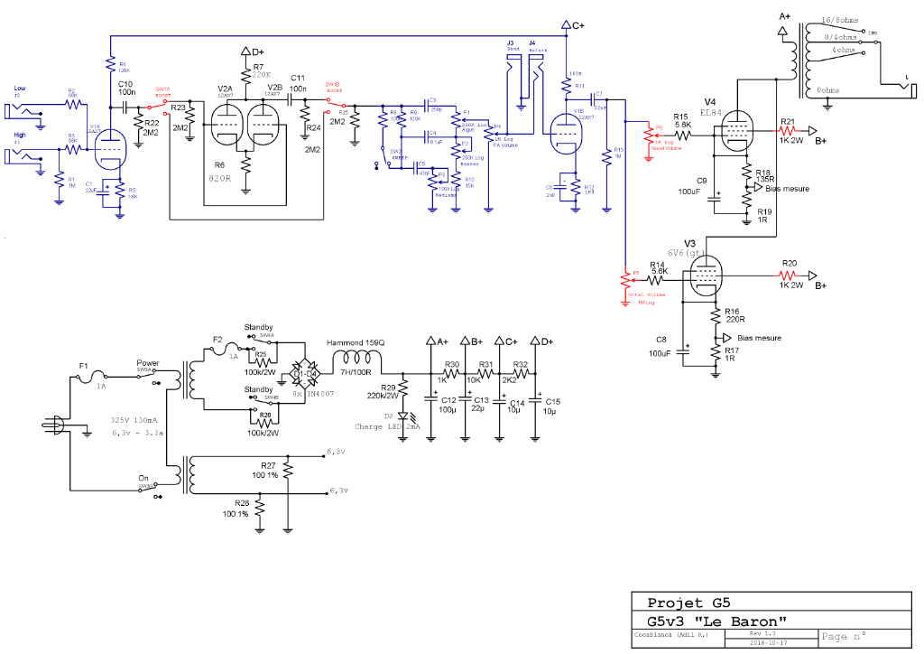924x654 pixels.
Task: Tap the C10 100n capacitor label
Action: [x=126, y=88]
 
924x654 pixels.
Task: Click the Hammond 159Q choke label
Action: [x=356, y=343]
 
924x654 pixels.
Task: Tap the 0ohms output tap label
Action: [x=833, y=90]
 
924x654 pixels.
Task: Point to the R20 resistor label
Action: [x=790, y=263]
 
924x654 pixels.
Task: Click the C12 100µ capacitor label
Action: [x=448, y=404]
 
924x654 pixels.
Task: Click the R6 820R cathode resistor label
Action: [x=220, y=173]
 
